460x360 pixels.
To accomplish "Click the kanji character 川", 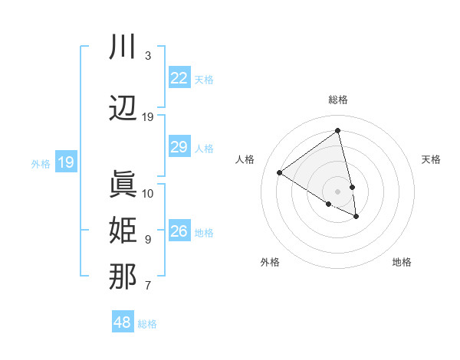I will pos(123,47).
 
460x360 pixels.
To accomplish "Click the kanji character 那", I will pos(123,277).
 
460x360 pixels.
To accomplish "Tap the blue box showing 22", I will pos(179,78).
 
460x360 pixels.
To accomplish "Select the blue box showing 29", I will pos(179,147).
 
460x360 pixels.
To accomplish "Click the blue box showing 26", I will pos(179,231).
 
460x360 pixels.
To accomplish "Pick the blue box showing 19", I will pos(66,162).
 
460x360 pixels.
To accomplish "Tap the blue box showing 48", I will pos(123,322).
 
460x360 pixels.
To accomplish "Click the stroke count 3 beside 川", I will pos(147,56).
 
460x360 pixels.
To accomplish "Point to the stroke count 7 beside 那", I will pos(147,286).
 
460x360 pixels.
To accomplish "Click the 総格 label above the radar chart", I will pos(338,100).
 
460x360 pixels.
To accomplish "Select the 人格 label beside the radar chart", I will pos(245,159).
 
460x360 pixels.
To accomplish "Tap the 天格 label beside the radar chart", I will pos(432,159).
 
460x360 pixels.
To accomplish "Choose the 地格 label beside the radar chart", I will pos(402,262).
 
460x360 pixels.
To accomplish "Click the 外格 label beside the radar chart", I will pos(270,262).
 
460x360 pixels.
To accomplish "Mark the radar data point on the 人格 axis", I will pos(280,173).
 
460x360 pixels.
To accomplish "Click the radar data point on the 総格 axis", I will pos(338,132).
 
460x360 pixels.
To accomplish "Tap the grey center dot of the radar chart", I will pos(338,191).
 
